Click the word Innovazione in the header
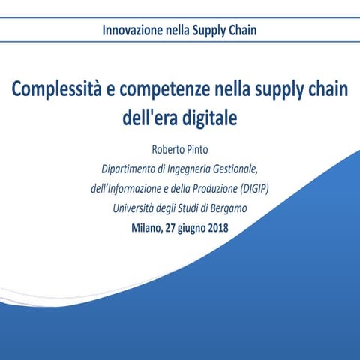[x=132, y=31]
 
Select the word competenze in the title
[x=157, y=91]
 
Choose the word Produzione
[x=213, y=188]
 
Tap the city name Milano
[x=146, y=228]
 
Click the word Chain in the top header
[x=244, y=31]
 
